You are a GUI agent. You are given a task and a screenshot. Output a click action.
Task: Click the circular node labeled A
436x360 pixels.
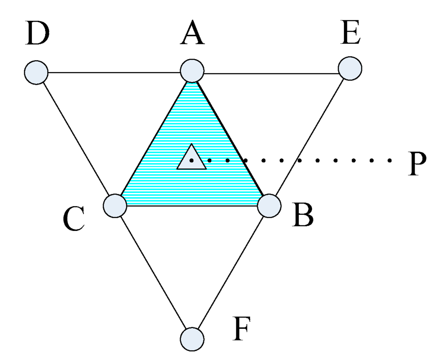coord(192,71)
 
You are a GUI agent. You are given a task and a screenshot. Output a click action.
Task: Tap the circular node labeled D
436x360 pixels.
coord(36,72)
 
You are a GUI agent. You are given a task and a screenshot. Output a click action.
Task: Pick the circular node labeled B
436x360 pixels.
coord(270,206)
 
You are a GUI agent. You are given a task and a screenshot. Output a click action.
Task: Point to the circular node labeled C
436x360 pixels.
coord(115,206)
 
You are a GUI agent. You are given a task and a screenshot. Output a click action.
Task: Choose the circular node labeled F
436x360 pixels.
coord(192,339)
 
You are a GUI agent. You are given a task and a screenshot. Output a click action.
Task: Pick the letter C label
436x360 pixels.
coord(74,220)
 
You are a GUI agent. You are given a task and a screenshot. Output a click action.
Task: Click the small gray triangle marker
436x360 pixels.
coord(192,158)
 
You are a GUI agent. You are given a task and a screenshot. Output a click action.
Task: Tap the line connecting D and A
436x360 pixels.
coord(114,72)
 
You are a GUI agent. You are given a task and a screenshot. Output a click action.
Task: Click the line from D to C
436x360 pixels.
coord(76,139)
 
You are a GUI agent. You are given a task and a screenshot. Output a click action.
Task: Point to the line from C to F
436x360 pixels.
coord(154,273)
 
